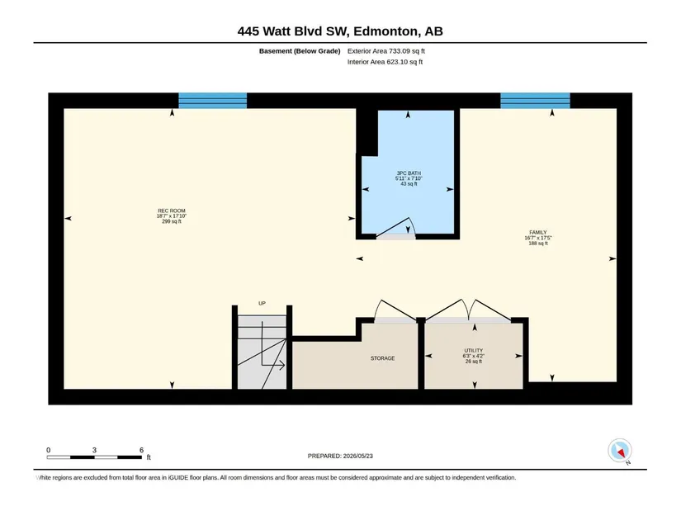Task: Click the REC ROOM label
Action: pos(172,211)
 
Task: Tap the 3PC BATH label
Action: pos(409,173)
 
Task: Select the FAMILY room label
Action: pos(538,233)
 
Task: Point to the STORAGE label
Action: pos(383,358)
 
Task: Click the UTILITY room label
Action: pos(474,350)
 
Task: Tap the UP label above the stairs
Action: pos(262,303)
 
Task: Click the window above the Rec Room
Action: pos(213,101)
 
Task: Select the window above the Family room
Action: pos(535,101)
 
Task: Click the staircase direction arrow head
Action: pos(281,366)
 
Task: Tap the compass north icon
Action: pos(620,451)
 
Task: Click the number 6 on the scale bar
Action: pos(141,450)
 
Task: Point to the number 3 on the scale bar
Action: pos(94,450)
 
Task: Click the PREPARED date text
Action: pos(340,456)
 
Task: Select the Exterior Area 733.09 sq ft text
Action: pos(386,51)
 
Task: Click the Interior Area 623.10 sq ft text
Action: pos(385,62)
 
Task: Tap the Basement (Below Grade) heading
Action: pos(300,51)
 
